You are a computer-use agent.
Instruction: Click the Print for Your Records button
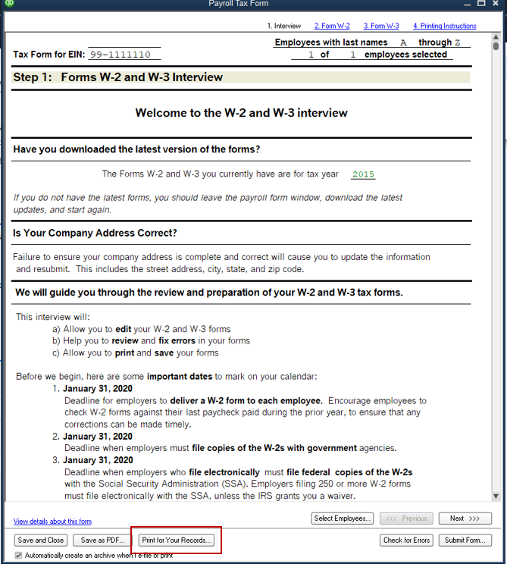177,540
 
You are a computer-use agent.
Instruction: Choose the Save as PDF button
102,540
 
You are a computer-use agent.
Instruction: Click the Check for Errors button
407,540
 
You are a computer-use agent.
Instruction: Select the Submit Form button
465,540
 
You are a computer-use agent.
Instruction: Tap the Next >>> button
465,519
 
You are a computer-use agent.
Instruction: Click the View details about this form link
52,522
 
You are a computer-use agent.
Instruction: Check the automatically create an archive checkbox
19,556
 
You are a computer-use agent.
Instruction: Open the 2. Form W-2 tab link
332,27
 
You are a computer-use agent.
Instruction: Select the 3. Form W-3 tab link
380,27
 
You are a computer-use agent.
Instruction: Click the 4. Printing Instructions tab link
444,27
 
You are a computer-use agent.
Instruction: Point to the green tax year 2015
364,174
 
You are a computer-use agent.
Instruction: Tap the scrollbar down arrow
496,497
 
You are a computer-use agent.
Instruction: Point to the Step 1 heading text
118,77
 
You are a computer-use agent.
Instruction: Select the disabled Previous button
407,519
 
